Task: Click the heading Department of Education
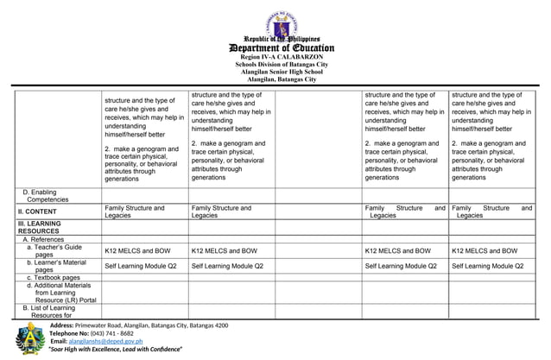pos(275,47)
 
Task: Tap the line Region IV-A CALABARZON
pos(275,57)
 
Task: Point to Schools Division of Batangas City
pos(275,65)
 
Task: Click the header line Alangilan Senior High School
pos(275,73)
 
